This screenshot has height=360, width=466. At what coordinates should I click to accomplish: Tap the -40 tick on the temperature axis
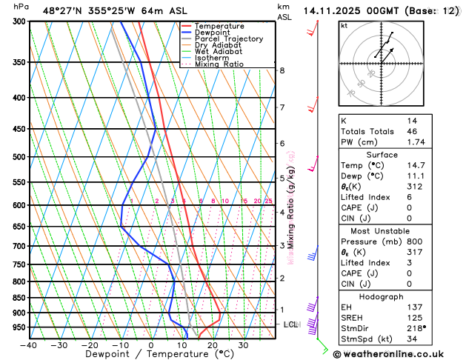click(x=28, y=345)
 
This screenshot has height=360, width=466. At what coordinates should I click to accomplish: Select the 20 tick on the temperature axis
click(x=212, y=345)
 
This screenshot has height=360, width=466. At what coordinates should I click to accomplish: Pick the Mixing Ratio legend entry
click(x=222, y=64)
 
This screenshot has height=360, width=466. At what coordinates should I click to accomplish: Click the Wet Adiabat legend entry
click(x=221, y=52)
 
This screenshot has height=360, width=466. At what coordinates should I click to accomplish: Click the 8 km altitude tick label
click(x=282, y=70)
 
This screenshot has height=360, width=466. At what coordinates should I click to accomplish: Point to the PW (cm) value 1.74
click(x=416, y=141)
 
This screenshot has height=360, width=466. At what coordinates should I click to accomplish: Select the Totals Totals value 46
click(x=412, y=131)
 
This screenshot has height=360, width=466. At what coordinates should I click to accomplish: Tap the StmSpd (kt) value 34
click(x=412, y=339)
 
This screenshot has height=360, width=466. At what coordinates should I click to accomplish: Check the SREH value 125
click(x=414, y=317)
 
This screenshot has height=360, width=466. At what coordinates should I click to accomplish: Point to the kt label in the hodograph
click(x=344, y=25)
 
